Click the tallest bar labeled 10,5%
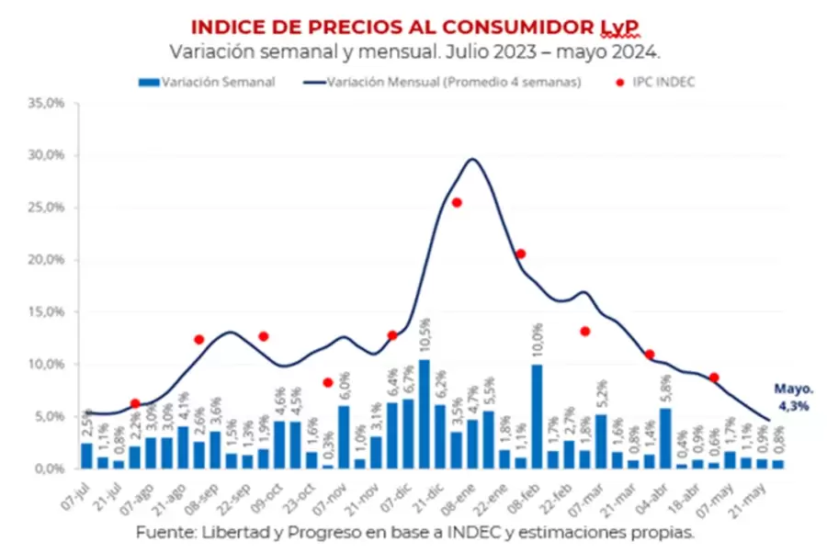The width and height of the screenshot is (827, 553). point(424,413)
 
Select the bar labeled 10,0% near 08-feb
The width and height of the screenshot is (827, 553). point(537,416)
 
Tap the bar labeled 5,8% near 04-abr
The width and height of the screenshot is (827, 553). point(664,438)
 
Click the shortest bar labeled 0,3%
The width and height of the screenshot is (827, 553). point(328,467)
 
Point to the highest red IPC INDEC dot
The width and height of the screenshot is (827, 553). point(457,202)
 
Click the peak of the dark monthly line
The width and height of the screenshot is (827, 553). point(472,159)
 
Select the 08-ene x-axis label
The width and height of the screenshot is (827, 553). point(472,496)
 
